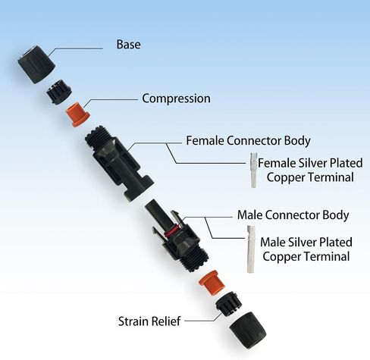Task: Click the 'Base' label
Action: point(128,44)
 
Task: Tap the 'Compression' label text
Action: point(176,99)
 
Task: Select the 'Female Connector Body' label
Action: point(248,141)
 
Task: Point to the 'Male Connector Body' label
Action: point(293,215)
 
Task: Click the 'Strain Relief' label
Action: point(149,321)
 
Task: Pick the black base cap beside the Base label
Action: point(36,64)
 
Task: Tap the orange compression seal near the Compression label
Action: point(77,114)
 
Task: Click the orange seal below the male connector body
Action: point(212,283)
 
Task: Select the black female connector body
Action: point(119,163)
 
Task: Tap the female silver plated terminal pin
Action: point(253,170)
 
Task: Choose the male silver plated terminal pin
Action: point(251,249)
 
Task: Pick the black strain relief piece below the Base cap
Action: point(59,92)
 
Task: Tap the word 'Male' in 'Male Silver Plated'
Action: point(273,242)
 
